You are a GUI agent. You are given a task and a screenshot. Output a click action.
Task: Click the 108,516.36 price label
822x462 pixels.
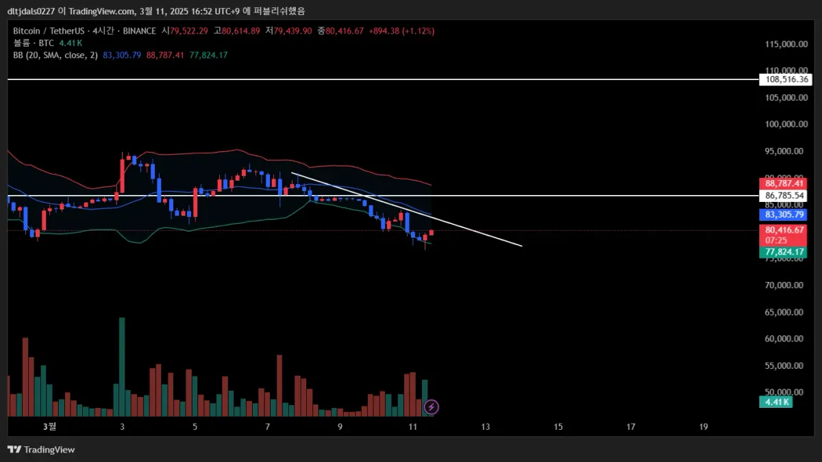click(782, 79)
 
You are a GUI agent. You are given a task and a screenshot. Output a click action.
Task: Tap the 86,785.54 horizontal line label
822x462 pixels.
click(782, 196)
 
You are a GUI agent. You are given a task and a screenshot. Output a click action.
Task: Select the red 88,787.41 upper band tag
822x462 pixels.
click(782, 183)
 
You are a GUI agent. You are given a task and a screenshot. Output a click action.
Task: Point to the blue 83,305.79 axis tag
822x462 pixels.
click(782, 215)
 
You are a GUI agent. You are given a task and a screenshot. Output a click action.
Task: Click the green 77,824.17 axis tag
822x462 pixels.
click(782, 253)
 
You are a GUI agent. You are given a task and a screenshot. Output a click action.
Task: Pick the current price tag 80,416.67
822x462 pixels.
click(782, 230)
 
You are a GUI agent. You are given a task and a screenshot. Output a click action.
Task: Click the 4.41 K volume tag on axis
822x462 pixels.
click(776, 402)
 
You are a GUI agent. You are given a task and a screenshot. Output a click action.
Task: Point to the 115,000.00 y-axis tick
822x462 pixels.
click(784, 44)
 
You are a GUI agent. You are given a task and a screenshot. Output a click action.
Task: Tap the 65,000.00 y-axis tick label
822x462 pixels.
click(784, 312)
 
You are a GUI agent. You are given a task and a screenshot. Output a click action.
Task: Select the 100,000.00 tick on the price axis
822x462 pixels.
click(784, 124)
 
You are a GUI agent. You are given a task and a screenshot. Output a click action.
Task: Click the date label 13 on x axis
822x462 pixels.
click(486, 426)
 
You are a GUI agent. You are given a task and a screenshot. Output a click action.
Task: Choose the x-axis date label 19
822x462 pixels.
click(703, 426)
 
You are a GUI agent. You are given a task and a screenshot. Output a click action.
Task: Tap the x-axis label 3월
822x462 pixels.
click(49, 426)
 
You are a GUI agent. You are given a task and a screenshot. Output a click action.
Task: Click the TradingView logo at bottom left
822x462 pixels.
click(41, 450)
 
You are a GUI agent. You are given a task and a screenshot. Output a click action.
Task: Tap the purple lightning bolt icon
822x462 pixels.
click(432, 407)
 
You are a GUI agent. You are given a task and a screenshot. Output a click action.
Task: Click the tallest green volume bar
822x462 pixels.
click(122, 366)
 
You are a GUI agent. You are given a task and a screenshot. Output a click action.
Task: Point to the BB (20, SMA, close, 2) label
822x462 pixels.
click(55, 55)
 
